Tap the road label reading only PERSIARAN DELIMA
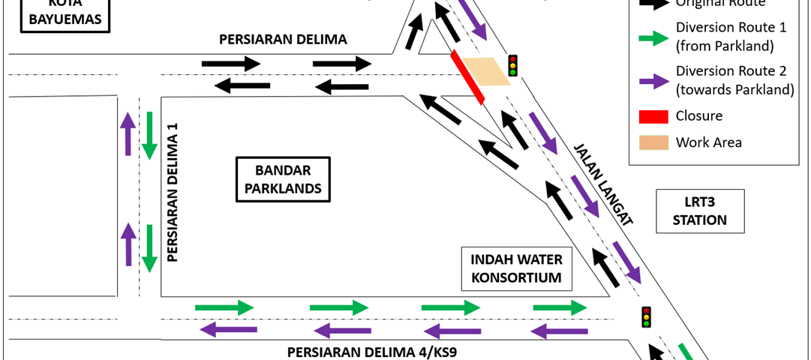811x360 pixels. (283, 40)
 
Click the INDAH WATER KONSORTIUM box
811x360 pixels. (516, 269)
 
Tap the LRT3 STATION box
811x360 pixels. (699, 211)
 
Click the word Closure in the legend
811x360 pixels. (698, 116)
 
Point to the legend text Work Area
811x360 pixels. (708, 142)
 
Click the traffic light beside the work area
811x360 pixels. (513, 65)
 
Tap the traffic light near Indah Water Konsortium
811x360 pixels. (645, 317)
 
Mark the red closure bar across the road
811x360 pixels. (467, 77)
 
